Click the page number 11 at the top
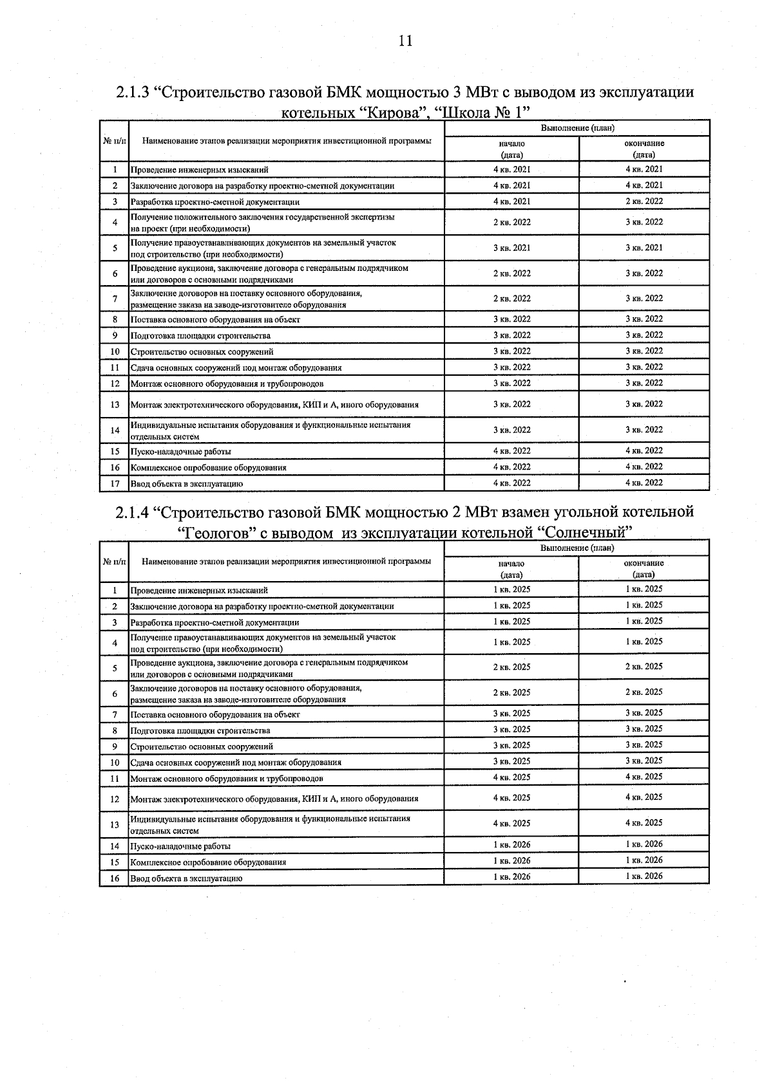pyautogui.click(x=405, y=41)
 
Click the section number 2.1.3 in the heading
pyautogui.click(x=133, y=92)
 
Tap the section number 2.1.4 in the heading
pyautogui.click(x=133, y=512)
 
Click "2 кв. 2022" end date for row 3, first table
pyautogui.click(x=644, y=201)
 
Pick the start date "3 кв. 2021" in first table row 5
pyautogui.click(x=511, y=248)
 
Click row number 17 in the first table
pyautogui.click(x=115, y=483)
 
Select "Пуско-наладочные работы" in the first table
pyautogui.click(x=181, y=452)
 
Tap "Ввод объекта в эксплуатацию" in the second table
pyautogui.click(x=186, y=878)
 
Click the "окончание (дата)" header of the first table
pyautogui.click(x=644, y=149)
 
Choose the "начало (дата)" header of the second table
pyautogui.click(x=511, y=569)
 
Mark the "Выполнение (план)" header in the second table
pyautogui.click(x=577, y=548)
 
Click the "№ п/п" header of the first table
pyautogui.click(x=114, y=140)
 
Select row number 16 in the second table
pyautogui.click(x=115, y=878)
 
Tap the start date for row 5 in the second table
pyautogui.click(x=511, y=667)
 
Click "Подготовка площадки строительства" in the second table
pyautogui.click(x=200, y=730)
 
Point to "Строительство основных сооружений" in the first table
pyautogui.click(x=202, y=352)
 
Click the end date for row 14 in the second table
pyautogui.click(x=644, y=844)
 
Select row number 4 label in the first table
pyautogui.click(x=115, y=223)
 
